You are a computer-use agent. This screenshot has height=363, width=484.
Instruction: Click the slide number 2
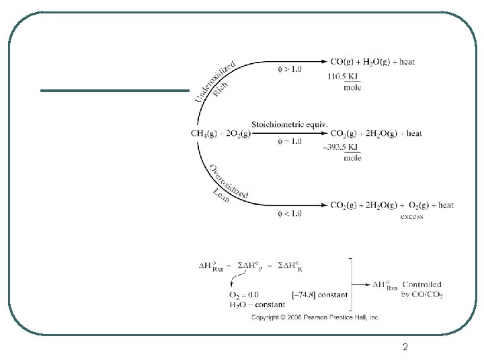405,347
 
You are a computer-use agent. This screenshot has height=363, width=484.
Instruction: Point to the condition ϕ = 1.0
290,142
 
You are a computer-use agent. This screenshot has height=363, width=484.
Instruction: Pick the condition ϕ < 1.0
290,213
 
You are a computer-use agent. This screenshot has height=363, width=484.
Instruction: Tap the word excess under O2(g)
411,216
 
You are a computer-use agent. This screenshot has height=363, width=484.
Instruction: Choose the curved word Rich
220,89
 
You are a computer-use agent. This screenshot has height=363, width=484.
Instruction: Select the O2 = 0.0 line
244,294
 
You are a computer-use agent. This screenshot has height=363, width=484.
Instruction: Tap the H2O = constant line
247,305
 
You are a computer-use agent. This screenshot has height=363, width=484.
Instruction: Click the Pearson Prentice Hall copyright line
315,316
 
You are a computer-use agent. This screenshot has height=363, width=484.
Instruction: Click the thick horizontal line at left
115,90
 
